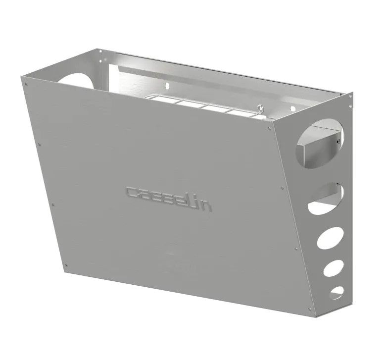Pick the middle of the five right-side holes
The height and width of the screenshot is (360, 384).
tap(329, 238)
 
